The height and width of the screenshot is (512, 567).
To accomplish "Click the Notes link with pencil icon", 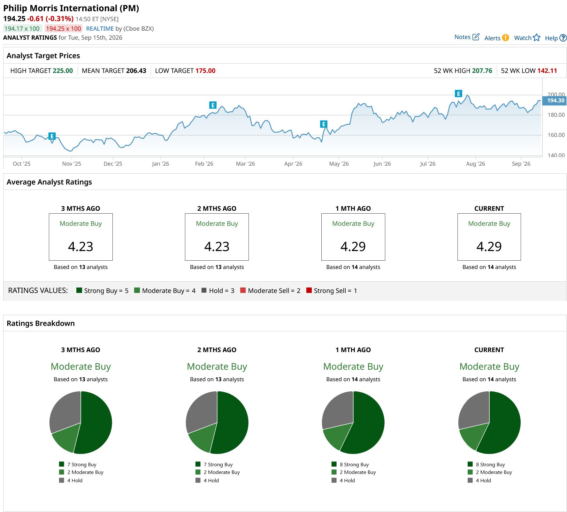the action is pyautogui.click(x=467, y=37).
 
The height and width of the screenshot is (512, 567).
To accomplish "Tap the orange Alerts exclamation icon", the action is pyautogui.click(x=505, y=38).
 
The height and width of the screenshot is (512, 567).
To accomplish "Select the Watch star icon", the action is pyautogui.click(x=537, y=38).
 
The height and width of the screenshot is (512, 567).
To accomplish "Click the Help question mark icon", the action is pyautogui.click(x=563, y=38).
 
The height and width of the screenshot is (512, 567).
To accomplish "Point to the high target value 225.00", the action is pyautogui.click(x=63, y=71).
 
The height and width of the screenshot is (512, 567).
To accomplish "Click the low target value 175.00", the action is pyautogui.click(x=205, y=71).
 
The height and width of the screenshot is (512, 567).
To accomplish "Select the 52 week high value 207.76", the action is pyautogui.click(x=482, y=71).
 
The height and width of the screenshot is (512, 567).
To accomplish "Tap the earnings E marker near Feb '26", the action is pyautogui.click(x=213, y=105).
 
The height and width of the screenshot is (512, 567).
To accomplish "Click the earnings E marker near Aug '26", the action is pyautogui.click(x=458, y=94).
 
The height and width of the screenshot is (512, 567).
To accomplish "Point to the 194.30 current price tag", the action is pyautogui.click(x=556, y=100).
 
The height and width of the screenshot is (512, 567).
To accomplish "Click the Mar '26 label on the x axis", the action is pyautogui.click(x=245, y=164).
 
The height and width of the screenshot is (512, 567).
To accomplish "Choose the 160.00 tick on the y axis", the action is pyautogui.click(x=556, y=135).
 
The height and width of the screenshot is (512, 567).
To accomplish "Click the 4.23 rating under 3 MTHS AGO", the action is pyautogui.click(x=80, y=247).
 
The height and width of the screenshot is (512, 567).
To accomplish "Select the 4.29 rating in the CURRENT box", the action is pyautogui.click(x=489, y=247).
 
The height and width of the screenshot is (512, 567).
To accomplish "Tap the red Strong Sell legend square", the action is pyautogui.click(x=309, y=290).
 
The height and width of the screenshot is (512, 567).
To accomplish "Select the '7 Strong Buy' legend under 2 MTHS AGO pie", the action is pyautogui.click(x=218, y=464).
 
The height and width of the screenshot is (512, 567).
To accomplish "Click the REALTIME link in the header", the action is pyautogui.click(x=100, y=28).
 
